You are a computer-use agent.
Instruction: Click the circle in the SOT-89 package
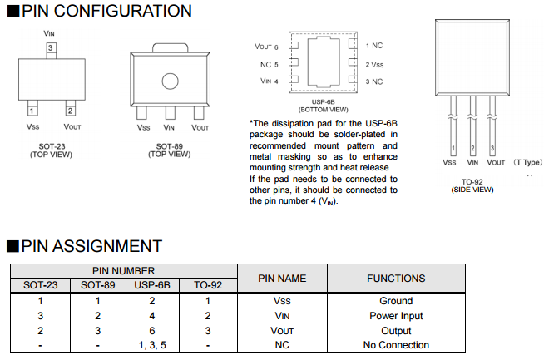pyautogui.click(x=170, y=81)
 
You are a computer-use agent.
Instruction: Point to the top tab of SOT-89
pyautogui.click(x=170, y=48)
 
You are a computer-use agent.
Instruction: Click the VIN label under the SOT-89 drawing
pyautogui.click(x=169, y=127)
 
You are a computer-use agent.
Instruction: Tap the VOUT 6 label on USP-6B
pyautogui.click(x=266, y=47)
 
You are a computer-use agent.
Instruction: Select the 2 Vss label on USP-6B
pyautogui.click(x=374, y=65)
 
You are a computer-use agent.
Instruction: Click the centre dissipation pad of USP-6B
pyautogui.click(x=324, y=62)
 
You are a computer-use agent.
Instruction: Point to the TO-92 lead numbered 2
pyautogui.click(x=472, y=125)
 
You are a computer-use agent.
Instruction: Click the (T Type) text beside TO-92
pyautogui.click(x=527, y=162)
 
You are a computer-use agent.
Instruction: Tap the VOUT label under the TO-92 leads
pyautogui.click(x=496, y=162)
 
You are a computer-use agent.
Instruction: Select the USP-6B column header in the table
pyautogui.click(x=152, y=285)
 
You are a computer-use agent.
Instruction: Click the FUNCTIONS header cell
pyautogui.click(x=396, y=279)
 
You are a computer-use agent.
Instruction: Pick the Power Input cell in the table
pyautogui.click(x=396, y=316)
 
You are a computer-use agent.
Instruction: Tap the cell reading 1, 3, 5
pyautogui.click(x=152, y=345)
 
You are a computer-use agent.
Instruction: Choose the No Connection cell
pyautogui.click(x=396, y=345)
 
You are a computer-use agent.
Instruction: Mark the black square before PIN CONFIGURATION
pyautogui.click(x=13, y=11)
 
